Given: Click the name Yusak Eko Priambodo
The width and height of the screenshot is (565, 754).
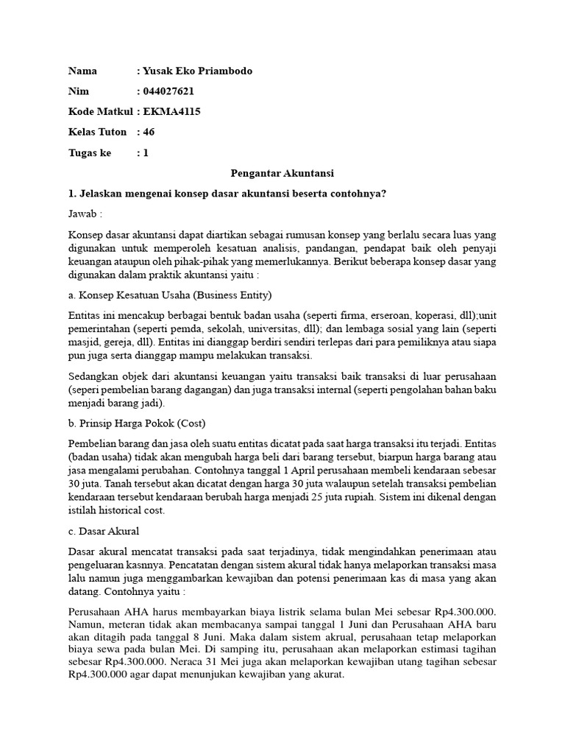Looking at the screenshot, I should tap(198, 71).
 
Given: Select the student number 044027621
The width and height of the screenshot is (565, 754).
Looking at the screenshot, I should tap(170, 91).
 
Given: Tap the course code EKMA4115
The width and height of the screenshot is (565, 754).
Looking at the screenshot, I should tap(173, 112).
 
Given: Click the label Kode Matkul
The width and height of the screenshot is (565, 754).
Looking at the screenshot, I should tap(100, 112).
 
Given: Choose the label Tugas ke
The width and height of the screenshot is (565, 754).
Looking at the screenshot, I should tap(90, 153).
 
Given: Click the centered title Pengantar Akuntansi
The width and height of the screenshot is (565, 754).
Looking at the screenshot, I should tap(282, 174).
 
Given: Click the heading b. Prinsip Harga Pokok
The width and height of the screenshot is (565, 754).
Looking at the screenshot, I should tap(137, 423).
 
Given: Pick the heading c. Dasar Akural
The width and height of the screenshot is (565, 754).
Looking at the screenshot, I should tap(104, 530).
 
